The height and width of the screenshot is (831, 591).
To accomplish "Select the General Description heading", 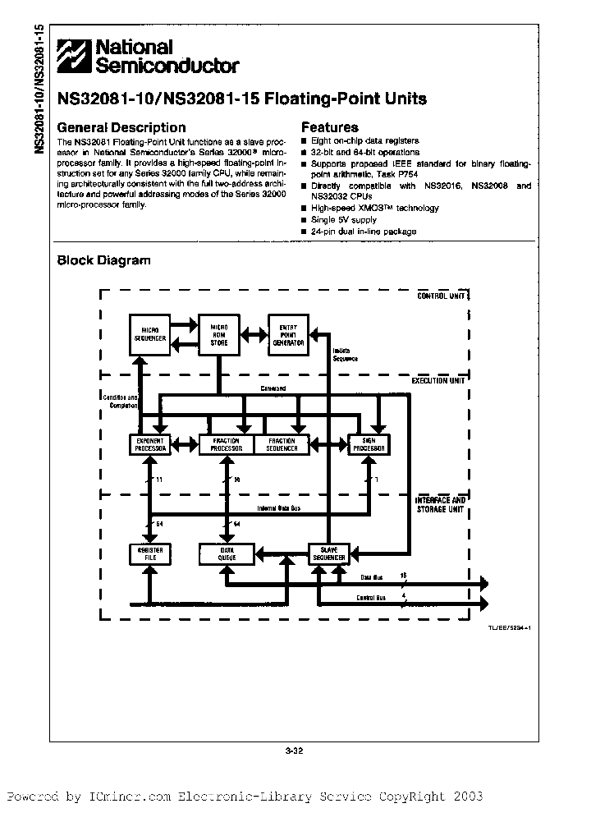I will click(x=121, y=127).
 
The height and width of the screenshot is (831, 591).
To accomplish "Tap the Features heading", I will click(x=330, y=127).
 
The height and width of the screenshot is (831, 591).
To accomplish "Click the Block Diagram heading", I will click(x=103, y=260).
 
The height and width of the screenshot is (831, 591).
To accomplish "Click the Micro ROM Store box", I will click(x=219, y=333).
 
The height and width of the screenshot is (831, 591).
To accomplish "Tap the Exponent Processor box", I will click(x=150, y=444).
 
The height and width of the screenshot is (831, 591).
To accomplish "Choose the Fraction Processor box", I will click(x=225, y=444).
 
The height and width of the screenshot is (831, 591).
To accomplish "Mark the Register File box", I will click(x=150, y=554).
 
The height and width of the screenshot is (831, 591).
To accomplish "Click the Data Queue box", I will click(x=226, y=554).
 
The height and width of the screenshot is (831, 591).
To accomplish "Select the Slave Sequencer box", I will click(x=329, y=553).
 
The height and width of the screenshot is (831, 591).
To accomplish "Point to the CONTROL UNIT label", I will click(x=442, y=296).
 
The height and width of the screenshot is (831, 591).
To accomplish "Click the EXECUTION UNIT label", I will click(x=438, y=380).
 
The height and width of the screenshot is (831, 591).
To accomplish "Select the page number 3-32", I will click(x=295, y=748).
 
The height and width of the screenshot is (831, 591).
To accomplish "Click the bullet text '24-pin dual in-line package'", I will click(x=364, y=232).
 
